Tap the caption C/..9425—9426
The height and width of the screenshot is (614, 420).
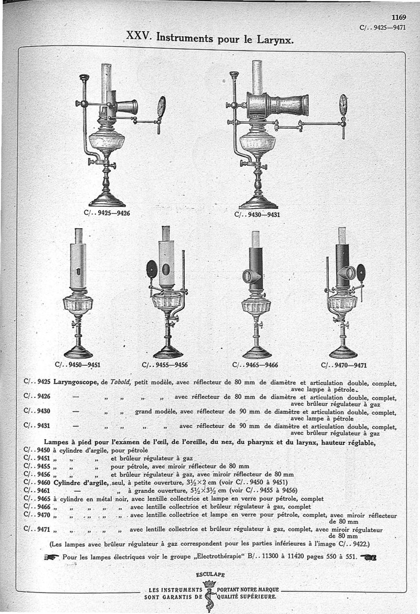pyautogui.click(x=107, y=213)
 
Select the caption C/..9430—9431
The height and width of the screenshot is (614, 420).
pyautogui.click(x=257, y=214)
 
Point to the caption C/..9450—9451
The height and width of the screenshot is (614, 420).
pyautogui.click(x=78, y=365)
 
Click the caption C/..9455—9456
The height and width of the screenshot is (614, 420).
pyautogui.click(x=165, y=365)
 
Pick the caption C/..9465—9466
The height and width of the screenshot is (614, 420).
pyautogui.click(x=255, y=365)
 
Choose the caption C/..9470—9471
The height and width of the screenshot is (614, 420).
pyautogui.click(x=344, y=365)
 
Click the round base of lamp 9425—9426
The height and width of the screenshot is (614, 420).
pyautogui.click(x=107, y=201)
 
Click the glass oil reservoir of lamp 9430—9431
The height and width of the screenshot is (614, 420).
pyautogui.click(x=257, y=142)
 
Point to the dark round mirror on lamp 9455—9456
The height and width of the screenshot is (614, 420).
pyautogui.click(x=152, y=269)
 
